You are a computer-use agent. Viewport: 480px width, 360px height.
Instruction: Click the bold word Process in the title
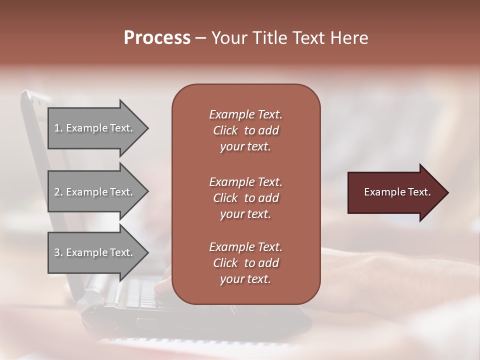pos(157,38)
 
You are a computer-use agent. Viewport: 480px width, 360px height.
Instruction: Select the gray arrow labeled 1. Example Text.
pos(95,128)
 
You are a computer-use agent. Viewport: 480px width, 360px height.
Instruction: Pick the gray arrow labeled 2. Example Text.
pos(95,192)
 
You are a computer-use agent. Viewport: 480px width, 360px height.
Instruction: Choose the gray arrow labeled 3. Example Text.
pos(95,252)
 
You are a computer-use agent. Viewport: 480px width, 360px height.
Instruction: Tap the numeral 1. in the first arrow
pos(58,128)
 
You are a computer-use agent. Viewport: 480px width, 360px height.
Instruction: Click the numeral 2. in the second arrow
pos(58,192)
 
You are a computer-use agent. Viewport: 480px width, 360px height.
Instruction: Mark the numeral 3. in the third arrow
pos(58,252)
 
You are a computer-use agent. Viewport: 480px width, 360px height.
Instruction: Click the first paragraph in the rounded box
pos(245,130)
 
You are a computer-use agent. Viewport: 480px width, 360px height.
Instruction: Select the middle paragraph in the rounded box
pos(245,198)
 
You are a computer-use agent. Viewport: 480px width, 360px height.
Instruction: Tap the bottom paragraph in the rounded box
pos(245,263)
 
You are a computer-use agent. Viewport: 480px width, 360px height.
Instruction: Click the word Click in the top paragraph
pos(225,130)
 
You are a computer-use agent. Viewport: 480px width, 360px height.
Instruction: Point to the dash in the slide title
pos(200,38)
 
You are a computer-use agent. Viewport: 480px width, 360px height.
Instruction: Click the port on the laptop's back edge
pos(146,323)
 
